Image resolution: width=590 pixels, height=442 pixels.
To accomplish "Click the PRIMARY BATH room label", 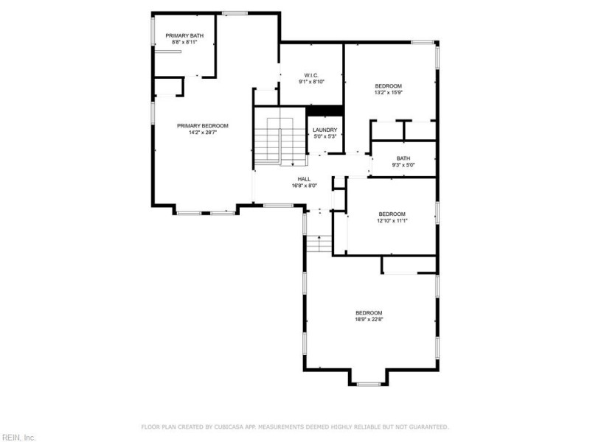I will [184, 35].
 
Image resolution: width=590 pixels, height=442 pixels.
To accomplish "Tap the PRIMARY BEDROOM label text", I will [203, 126].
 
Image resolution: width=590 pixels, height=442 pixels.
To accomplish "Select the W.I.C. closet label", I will [310, 75].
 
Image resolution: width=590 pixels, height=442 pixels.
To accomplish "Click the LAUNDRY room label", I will [325, 130].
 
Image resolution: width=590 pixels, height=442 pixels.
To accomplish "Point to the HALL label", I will [304, 179].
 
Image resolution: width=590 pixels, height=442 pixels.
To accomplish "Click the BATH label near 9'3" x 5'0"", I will [403, 158].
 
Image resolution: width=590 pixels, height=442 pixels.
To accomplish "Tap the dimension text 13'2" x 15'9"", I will [389, 93].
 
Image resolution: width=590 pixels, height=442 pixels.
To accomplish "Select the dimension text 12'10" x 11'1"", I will [392, 220].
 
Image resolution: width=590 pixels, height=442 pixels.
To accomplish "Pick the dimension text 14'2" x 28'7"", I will [203, 133].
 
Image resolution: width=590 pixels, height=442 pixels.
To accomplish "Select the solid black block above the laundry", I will [324, 111].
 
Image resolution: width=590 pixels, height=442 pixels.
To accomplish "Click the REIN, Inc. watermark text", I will [18, 438].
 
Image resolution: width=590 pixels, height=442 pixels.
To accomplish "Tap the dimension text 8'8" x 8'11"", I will [184, 42].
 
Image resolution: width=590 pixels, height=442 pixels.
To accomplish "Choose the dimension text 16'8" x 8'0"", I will [304, 186].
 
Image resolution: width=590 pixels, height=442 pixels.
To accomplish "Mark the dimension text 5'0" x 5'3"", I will [325, 136].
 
